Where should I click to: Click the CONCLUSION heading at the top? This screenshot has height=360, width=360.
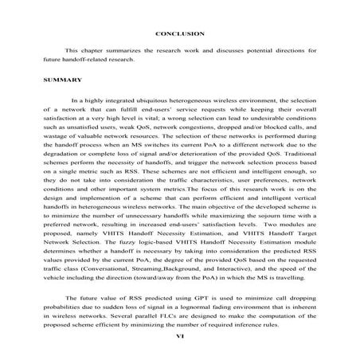coord(180,33)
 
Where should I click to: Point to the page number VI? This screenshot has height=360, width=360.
coord(180,336)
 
